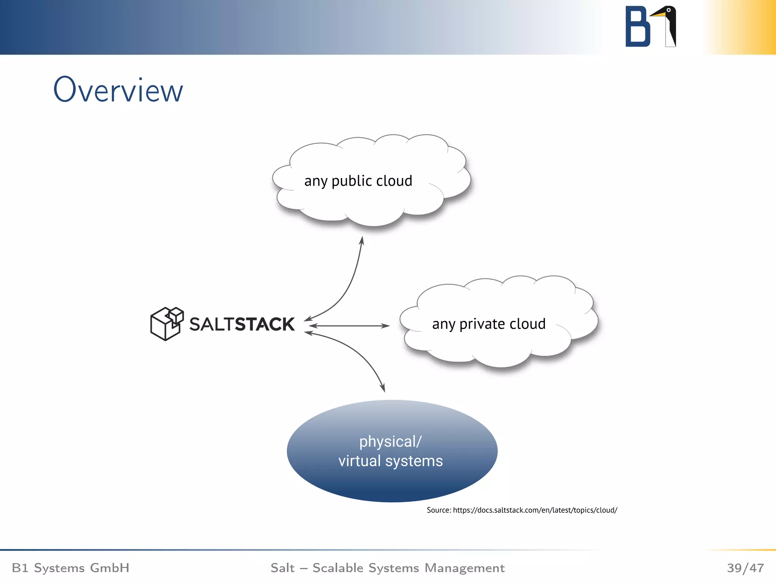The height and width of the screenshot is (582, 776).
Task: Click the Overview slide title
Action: click(118, 90)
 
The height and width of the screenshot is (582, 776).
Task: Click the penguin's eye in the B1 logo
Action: click(669, 10)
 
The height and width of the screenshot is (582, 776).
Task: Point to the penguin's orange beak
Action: click(659, 14)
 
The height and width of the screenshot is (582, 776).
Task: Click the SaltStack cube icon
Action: click(167, 324)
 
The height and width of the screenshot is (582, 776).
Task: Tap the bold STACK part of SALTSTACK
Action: click(264, 324)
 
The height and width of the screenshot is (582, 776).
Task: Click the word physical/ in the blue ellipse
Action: click(390, 442)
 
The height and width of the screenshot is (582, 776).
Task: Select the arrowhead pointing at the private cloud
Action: click(386, 325)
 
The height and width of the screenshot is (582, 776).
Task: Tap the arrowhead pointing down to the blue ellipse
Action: click(383, 388)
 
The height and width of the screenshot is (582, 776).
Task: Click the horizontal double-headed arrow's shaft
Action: click(349, 325)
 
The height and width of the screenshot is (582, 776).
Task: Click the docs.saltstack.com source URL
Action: click(535, 510)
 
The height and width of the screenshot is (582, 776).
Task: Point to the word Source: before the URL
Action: click(439, 510)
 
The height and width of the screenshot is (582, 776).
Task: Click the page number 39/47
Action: click(745, 568)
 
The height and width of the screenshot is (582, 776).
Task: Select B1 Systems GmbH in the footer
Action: click(70, 568)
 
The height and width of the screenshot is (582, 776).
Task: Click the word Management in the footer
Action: click(464, 568)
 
